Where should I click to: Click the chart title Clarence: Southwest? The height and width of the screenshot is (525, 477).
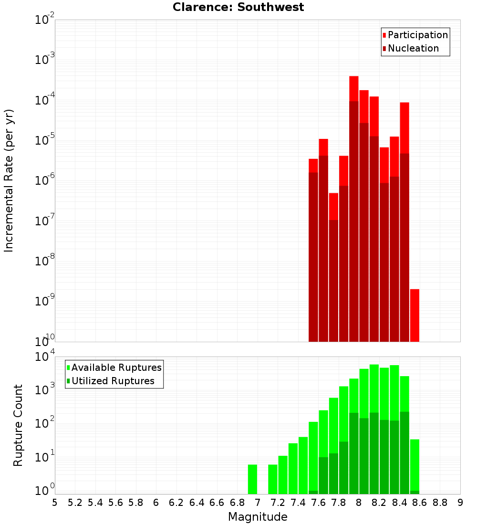coord(238,7)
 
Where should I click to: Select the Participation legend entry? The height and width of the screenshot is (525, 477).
coord(415,35)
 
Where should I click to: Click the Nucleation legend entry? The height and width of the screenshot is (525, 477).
coord(410,48)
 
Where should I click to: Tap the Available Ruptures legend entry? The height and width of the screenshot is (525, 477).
coord(114,367)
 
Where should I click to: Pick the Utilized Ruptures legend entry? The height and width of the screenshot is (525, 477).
coord(111,381)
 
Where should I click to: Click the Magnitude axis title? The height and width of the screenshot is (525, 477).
coord(258,516)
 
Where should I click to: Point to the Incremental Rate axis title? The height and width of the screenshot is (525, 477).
coord(9,180)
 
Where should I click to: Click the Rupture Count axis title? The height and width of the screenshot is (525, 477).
coord(18,425)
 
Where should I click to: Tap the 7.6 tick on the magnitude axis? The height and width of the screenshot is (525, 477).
coord(318,503)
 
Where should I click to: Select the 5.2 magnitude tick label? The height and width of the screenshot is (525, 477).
coord(75,503)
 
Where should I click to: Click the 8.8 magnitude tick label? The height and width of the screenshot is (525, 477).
coord(440,503)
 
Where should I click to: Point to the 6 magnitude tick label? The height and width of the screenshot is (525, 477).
coord(156,503)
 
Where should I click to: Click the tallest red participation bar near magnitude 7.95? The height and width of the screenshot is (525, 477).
coord(354,89)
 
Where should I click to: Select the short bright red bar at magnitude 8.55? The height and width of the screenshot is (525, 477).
coord(415,315)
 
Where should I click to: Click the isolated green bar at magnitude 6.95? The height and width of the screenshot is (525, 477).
coord(252,479)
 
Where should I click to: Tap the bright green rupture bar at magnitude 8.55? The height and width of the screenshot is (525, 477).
coord(415,465)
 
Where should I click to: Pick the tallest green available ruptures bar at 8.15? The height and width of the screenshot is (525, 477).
coord(374,388)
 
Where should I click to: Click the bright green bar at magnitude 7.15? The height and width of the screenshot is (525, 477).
coord(273,479)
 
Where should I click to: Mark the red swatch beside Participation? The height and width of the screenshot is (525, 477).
coord(384,35)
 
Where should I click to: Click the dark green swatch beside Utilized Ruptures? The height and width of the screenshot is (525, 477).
coord(68,381)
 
